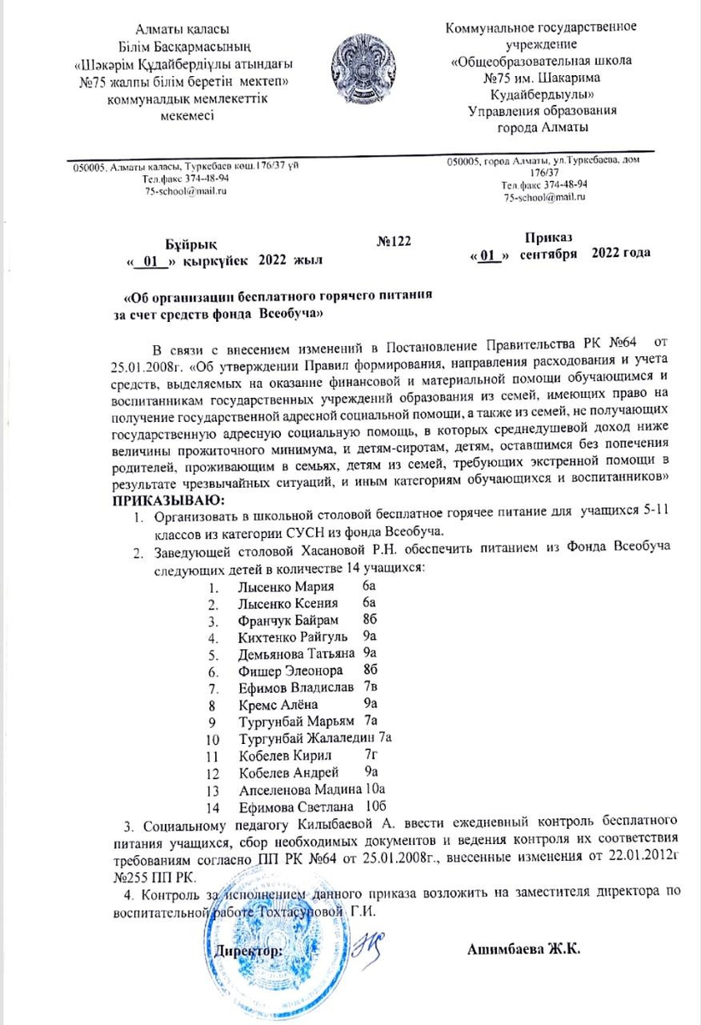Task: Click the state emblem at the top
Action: pyautogui.click(x=366, y=67)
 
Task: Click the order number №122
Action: pyautogui.click(x=394, y=243)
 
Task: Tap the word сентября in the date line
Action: pyautogui.click(x=549, y=254)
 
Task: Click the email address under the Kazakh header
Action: pyautogui.click(x=186, y=191)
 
